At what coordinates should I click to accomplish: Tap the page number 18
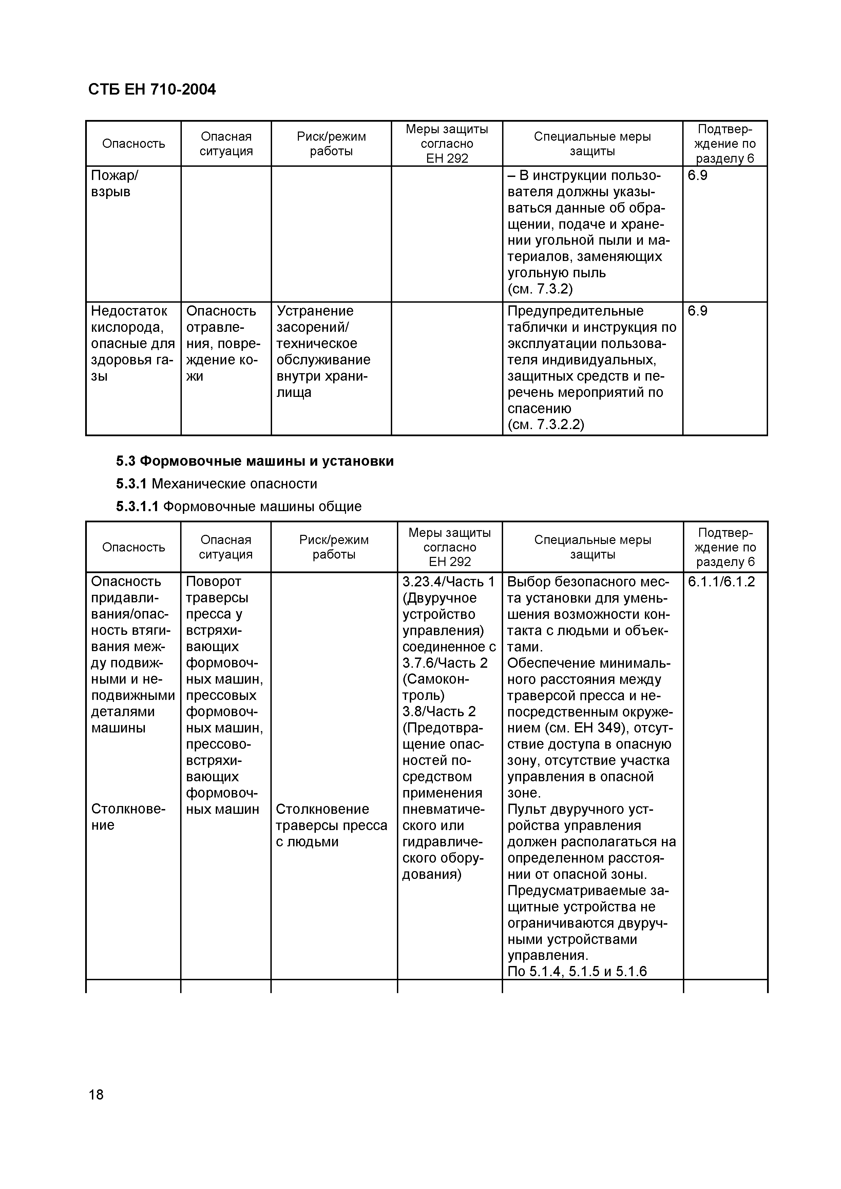pos(96,1094)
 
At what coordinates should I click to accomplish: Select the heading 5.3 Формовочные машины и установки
pos(254,461)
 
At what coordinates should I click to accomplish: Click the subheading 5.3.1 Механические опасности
pos(216,484)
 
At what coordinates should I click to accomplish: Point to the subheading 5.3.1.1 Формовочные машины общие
pos(238,506)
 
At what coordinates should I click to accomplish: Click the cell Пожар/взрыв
pos(115,184)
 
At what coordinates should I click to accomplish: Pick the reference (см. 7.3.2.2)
pos(546,425)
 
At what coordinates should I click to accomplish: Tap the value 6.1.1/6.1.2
pos(721,582)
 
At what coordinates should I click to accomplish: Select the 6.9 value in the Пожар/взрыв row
pos(697,176)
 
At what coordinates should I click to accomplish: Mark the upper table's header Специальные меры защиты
pos(592,143)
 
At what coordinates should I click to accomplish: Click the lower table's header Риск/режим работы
pos(334,547)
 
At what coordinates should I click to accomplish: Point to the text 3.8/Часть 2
pos(439,711)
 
